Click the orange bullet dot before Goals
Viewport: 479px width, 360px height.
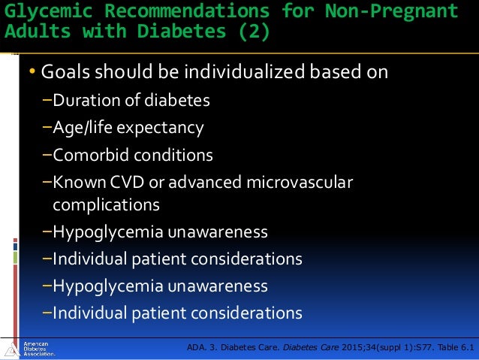click(x=32, y=72)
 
